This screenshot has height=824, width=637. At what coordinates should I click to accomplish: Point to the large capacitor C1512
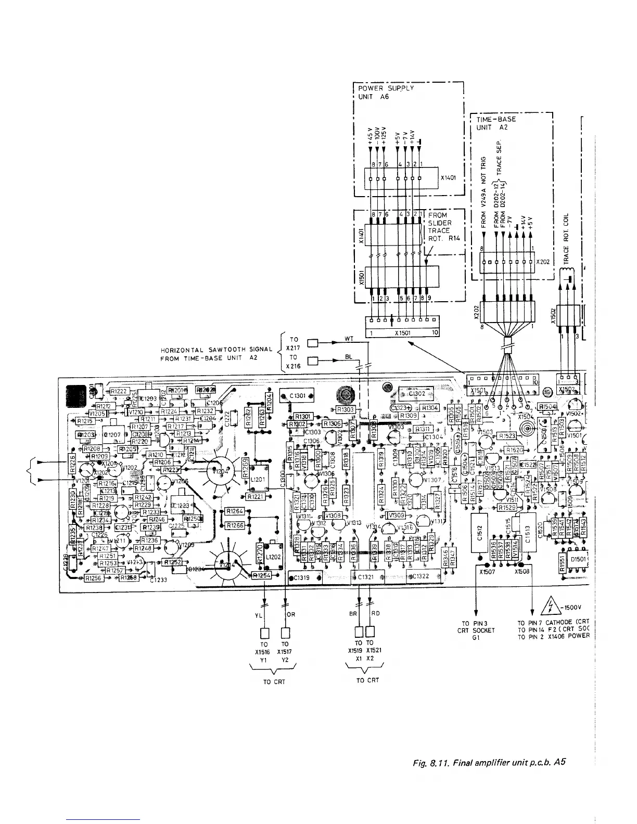click(482, 532)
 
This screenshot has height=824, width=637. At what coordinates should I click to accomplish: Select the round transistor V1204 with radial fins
click(218, 472)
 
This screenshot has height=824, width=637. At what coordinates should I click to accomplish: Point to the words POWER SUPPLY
click(386, 88)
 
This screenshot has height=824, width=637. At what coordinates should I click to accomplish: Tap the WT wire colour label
click(350, 339)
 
